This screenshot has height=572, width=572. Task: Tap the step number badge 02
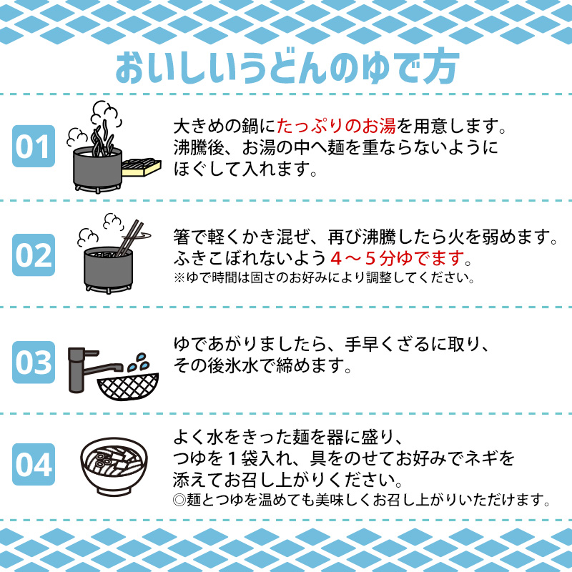(x=34, y=255)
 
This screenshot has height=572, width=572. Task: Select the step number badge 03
(x=34, y=362)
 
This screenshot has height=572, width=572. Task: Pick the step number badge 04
(x=34, y=465)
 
